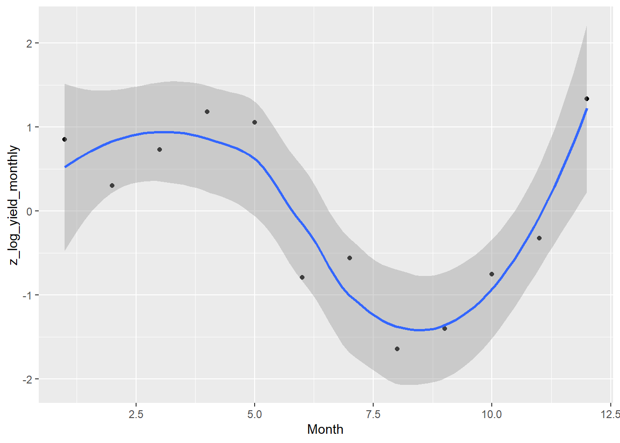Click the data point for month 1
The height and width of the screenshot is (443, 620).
tap(65, 139)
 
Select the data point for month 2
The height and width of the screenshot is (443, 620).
tap(112, 186)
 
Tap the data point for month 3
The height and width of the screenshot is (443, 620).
tap(160, 150)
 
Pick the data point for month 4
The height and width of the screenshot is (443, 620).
tap(207, 112)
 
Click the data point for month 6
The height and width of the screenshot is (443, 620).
tap(302, 277)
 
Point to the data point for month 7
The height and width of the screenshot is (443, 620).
tap(350, 258)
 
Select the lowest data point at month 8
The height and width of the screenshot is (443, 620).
tap(397, 349)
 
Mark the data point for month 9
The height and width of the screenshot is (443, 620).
tap(445, 329)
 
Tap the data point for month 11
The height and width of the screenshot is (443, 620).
tap(539, 238)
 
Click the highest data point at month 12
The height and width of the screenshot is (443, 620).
tap(587, 99)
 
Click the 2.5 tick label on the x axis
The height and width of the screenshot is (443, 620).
tap(136, 414)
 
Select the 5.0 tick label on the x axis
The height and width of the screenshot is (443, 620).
tap(255, 414)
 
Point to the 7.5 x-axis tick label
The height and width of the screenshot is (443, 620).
tap(373, 414)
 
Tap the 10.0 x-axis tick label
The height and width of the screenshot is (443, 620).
tap(492, 414)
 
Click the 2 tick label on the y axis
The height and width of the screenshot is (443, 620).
tap(30, 43)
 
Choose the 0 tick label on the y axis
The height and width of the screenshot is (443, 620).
tap(30, 211)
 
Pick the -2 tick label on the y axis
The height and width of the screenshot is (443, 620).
tap(28, 379)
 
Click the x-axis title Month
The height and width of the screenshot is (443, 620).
tap(325, 430)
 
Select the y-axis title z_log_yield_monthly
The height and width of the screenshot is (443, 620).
tap(14, 205)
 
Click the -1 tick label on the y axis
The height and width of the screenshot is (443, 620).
tap(28, 295)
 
